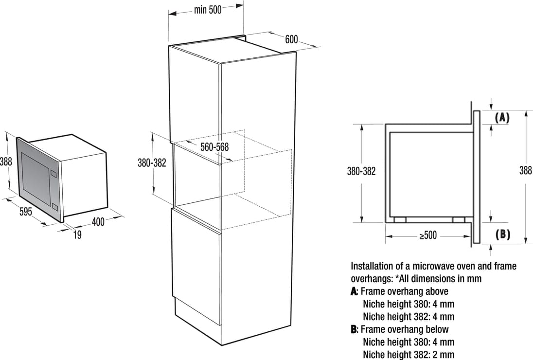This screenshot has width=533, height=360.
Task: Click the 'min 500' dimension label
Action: pyautogui.click(x=208, y=10)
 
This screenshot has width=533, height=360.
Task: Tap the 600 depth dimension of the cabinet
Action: pyautogui.click(x=291, y=39)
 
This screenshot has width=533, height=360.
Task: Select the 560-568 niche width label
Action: pyautogui.click(x=214, y=147)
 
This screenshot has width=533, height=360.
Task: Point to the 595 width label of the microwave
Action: pyautogui.click(x=25, y=212)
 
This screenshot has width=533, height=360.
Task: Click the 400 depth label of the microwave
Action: pyautogui.click(x=98, y=222)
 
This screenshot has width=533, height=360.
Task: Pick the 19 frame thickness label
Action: pyautogui.click(x=77, y=234)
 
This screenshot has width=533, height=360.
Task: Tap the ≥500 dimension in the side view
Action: pyautogui.click(x=428, y=235)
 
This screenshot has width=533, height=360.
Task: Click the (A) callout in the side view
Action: pyautogui.click(x=502, y=118)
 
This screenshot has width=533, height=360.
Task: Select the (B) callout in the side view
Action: pyautogui.click(x=502, y=234)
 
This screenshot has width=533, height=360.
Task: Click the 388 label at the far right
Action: pyautogui.click(x=526, y=170)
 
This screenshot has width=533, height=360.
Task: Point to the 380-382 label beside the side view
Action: pyautogui.click(x=361, y=171)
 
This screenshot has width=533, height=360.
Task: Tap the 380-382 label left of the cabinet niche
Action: pyautogui.click(x=152, y=163)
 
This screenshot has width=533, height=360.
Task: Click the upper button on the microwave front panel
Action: pyautogui.click(x=53, y=173)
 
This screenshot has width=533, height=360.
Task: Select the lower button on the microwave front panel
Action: pyautogui.click(x=54, y=206)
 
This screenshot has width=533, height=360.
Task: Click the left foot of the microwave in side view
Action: pyautogui.click(x=400, y=220)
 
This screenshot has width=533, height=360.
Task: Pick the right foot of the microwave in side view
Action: pyautogui.click(x=459, y=220)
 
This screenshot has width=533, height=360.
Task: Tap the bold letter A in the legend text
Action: pyautogui.click(x=354, y=291)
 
